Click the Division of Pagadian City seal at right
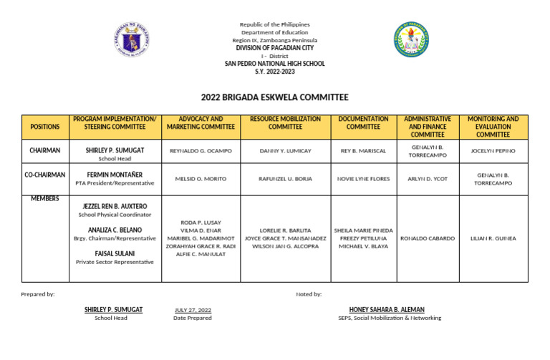pyautogui.click(x=412, y=39)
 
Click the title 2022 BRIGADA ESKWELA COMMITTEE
pyautogui.click(x=274, y=97)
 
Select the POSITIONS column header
pyautogui.click(x=45, y=127)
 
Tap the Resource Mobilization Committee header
pyautogui.click(x=285, y=122)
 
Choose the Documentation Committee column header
pyautogui.click(x=363, y=122)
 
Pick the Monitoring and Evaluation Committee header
pyautogui.click(x=493, y=127)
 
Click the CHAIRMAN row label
pyautogui.click(x=45, y=151)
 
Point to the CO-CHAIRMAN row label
pyautogui.click(x=45, y=175)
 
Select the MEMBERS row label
pyautogui.click(x=45, y=198)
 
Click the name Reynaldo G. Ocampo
pyautogui.click(x=201, y=152)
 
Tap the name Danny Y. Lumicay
pyautogui.click(x=285, y=152)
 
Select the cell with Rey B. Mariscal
pyautogui.click(x=363, y=152)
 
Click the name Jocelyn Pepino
pyautogui.click(x=493, y=152)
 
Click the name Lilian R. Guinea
pyautogui.click(x=493, y=238)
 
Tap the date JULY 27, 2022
pyautogui.click(x=193, y=310)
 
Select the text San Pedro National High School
pyautogui.click(x=274, y=64)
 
